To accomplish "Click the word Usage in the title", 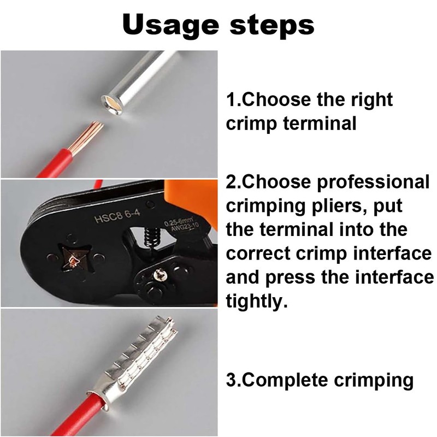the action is [170, 25].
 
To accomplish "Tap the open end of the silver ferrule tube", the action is [113, 104].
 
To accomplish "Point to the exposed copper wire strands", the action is [88, 137].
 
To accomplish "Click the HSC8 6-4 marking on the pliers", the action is [117, 216].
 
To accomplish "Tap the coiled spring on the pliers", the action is [151, 237].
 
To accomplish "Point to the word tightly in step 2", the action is [256, 302].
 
